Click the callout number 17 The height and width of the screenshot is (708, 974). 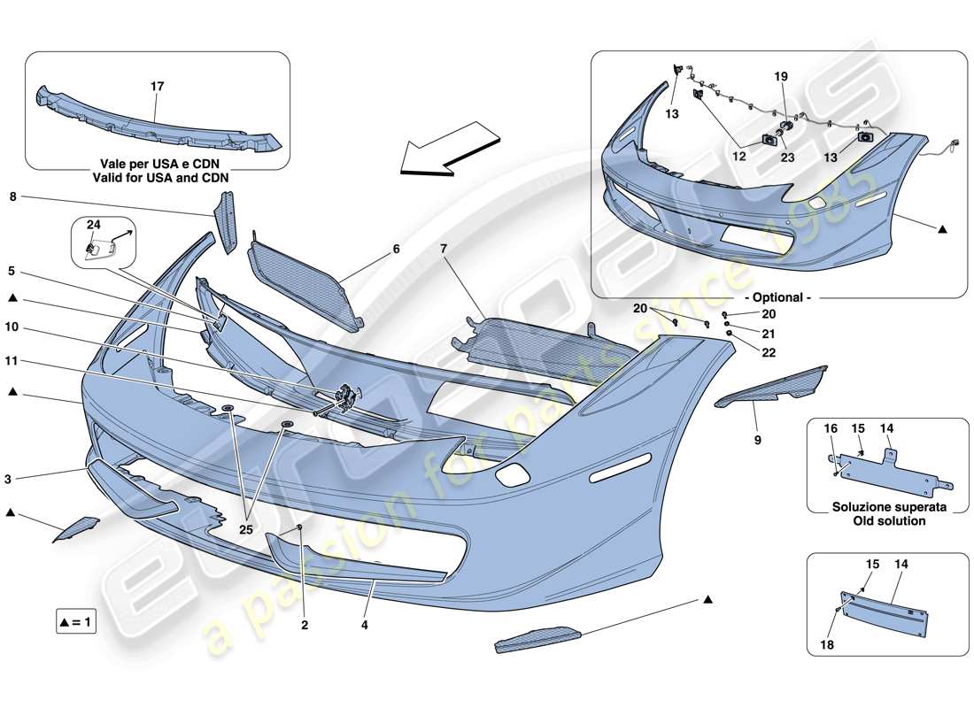[x=157, y=87]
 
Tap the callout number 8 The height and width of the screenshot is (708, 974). [x=13, y=198]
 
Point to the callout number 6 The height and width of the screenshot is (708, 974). [x=396, y=250]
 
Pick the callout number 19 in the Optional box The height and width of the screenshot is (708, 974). [x=781, y=77]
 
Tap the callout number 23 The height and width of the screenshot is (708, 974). [x=787, y=158]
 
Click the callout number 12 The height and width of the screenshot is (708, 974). [x=739, y=157]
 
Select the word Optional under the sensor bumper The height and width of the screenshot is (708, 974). [x=780, y=298]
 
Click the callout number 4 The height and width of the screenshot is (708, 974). [x=364, y=624]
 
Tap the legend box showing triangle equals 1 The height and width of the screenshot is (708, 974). [x=74, y=622]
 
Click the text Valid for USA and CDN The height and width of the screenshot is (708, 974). [x=157, y=177]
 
